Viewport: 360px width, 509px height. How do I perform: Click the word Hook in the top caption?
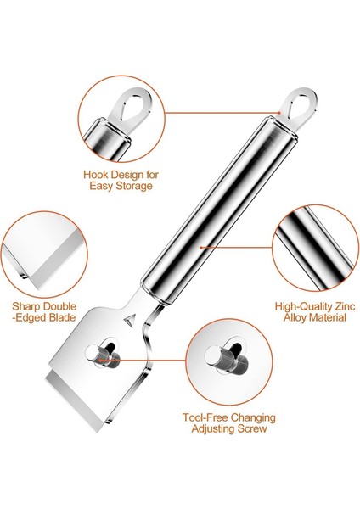point(95,172)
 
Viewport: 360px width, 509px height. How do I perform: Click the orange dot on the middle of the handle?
point(200,247)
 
